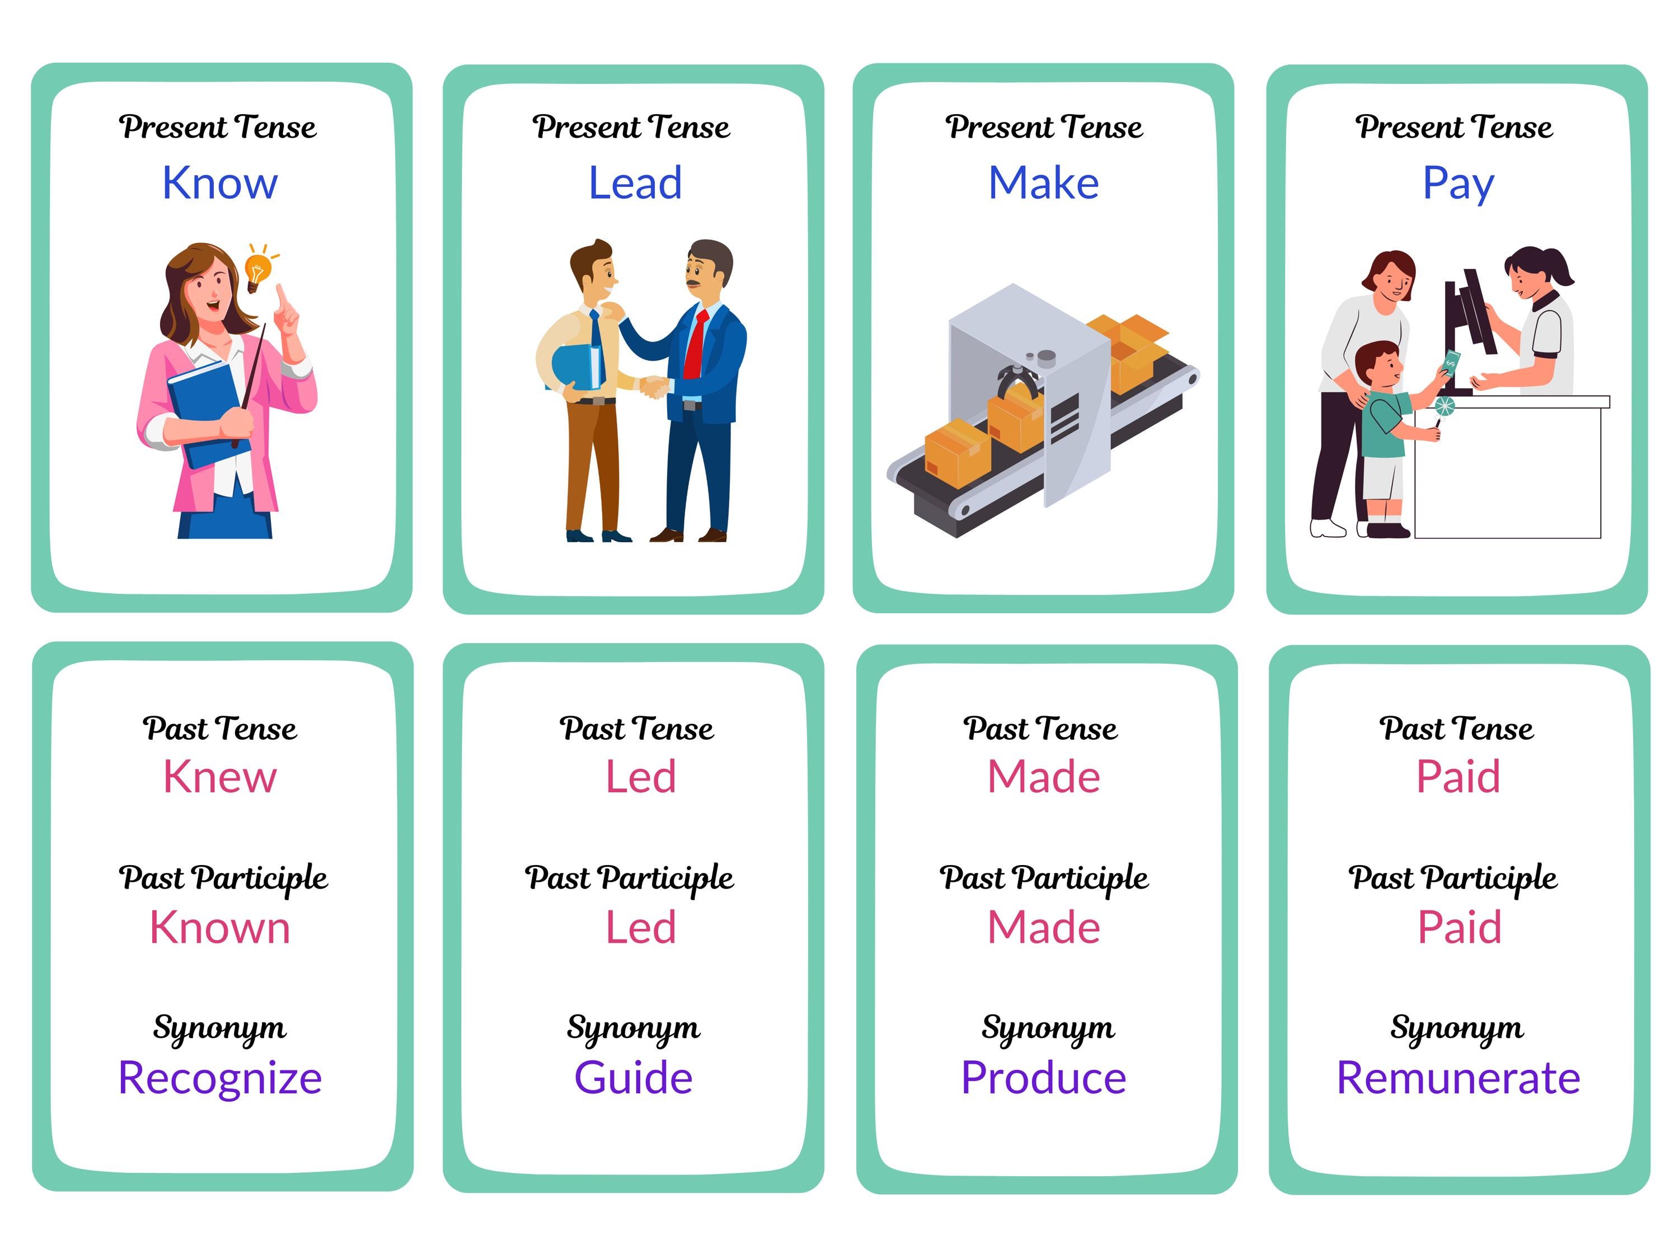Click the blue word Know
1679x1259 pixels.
pyautogui.click(x=220, y=183)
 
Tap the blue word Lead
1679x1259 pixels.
pyautogui.click(x=635, y=183)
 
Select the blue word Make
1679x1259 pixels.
pyautogui.click(x=1044, y=183)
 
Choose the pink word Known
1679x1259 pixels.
pyautogui.click(x=220, y=927)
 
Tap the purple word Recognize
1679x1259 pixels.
pyautogui.click(x=220, y=1078)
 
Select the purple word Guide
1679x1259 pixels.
pyautogui.click(x=634, y=1078)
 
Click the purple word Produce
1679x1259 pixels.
pyautogui.click(x=1044, y=1078)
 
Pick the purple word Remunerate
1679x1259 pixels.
pyautogui.click(x=1458, y=1078)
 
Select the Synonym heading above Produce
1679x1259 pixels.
pyautogui.click(x=1048, y=1028)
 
